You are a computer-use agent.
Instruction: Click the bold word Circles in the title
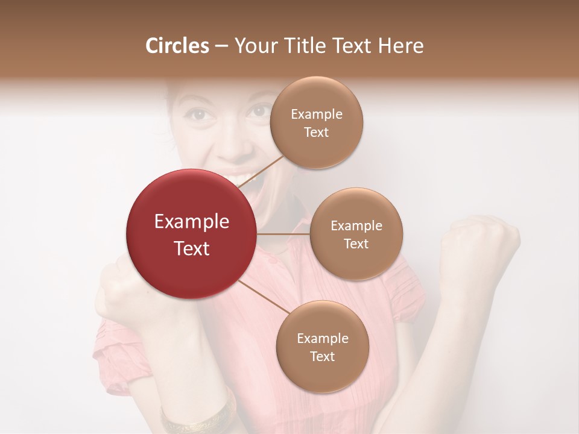pyautogui.click(x=177, y=46)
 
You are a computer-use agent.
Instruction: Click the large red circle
pyautogui.click(x=191, y=234)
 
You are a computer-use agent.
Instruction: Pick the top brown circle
pyautogui.click(x=316, y=122)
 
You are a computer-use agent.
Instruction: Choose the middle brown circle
pyautogui.click(x=356, y=234)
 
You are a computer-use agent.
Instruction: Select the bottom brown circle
pyautogui.click(x=322, y=347)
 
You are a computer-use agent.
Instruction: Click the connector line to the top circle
pyautogui.click(x=262, y=171)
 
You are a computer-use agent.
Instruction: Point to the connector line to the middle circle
pyautogui.click(x=283, y=234)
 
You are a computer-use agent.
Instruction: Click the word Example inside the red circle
pyautogui.click(x=191, y=222)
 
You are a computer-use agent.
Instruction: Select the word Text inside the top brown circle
pyautogui.click(x=316, y=133)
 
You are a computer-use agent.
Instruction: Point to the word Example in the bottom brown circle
pyautogui.click(x=322, y=338)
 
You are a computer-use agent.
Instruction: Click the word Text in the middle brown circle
pyautogui.click(x=356, y=244)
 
